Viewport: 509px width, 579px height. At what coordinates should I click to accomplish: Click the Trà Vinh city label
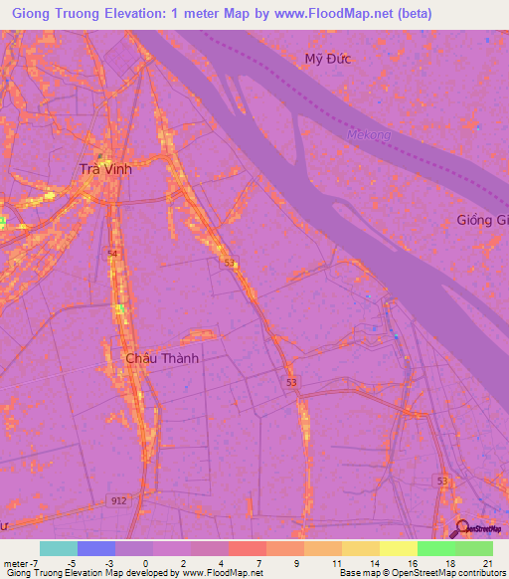point(105,169)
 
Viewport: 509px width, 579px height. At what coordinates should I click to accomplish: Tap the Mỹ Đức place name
point(328,59)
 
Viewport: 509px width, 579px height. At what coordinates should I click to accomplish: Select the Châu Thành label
point(162,358)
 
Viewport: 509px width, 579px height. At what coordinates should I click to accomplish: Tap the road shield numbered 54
point(112,256)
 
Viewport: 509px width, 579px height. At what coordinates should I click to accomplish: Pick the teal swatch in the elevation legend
point(58,548)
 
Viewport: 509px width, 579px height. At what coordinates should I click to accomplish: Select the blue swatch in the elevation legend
point(95,548)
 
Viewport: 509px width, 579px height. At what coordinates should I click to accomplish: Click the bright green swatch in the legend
point(435,548)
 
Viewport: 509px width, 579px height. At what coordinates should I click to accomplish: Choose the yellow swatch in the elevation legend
point(398,548)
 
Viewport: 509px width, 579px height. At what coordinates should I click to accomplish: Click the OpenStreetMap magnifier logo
point(461,530)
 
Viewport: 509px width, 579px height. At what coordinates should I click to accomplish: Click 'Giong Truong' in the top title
point(49,13)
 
